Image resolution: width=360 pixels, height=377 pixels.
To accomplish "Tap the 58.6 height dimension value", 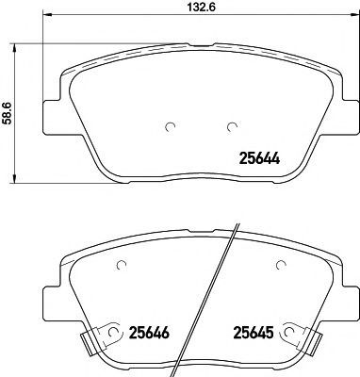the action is tap(7, 113).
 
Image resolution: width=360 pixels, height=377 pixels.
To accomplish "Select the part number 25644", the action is tap(259, 158).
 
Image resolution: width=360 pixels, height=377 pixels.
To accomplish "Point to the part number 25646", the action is tap(149, 332).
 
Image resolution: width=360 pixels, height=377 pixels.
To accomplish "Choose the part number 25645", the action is tap(253, 332).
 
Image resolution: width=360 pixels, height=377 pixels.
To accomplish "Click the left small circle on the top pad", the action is tap(170, 126).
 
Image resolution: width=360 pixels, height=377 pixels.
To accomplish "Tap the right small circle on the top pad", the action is tap(232, 126).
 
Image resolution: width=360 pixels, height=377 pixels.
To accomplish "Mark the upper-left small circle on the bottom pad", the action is tap(121, 266).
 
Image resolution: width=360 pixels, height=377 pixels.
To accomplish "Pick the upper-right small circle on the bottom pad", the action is tap(281, 266).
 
